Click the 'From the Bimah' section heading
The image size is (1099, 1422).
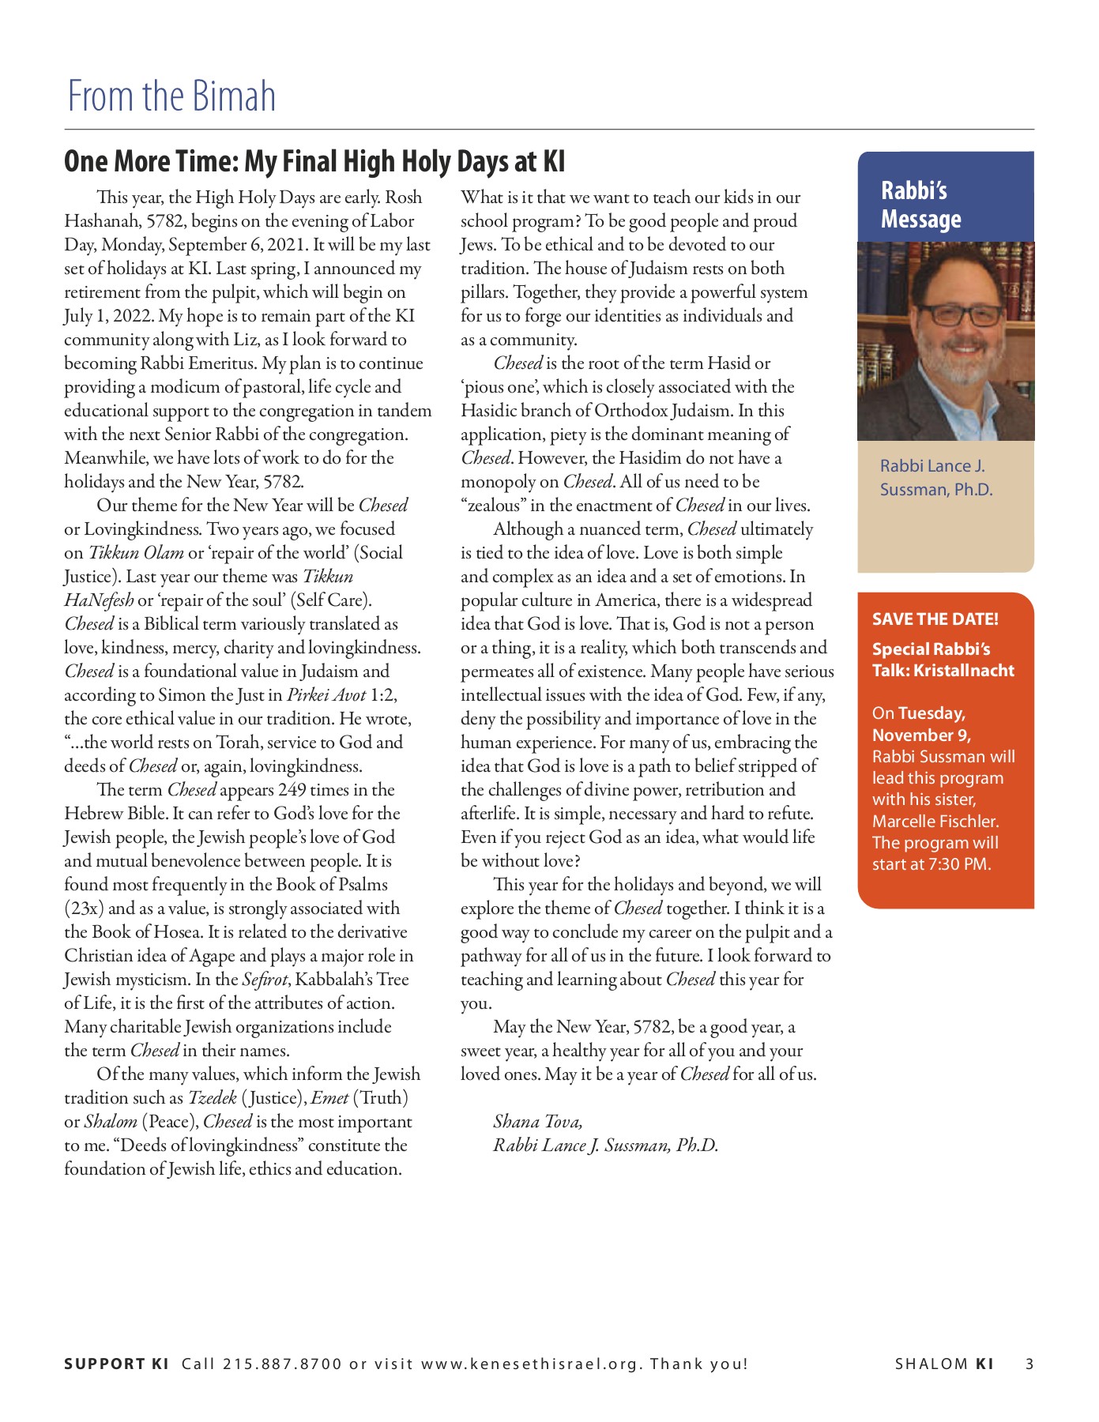(171, 96)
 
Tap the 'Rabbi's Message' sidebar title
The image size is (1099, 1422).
(920, 205)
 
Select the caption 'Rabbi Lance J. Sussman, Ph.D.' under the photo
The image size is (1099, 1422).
(935, 478)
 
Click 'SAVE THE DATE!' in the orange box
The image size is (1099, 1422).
(935, 619)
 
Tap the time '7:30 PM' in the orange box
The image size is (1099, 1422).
(958, 864)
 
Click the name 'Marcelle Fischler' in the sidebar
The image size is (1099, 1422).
(935, 822)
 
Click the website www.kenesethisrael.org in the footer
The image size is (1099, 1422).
(532, 1364)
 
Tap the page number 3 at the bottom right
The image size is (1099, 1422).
(1029, 1364)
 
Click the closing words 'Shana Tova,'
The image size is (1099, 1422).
(537, 1122)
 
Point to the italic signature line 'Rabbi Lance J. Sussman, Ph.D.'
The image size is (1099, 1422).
(605, 1145)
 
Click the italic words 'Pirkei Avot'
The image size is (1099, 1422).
(326, 695)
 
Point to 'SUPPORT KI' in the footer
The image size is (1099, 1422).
(116, 1364)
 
